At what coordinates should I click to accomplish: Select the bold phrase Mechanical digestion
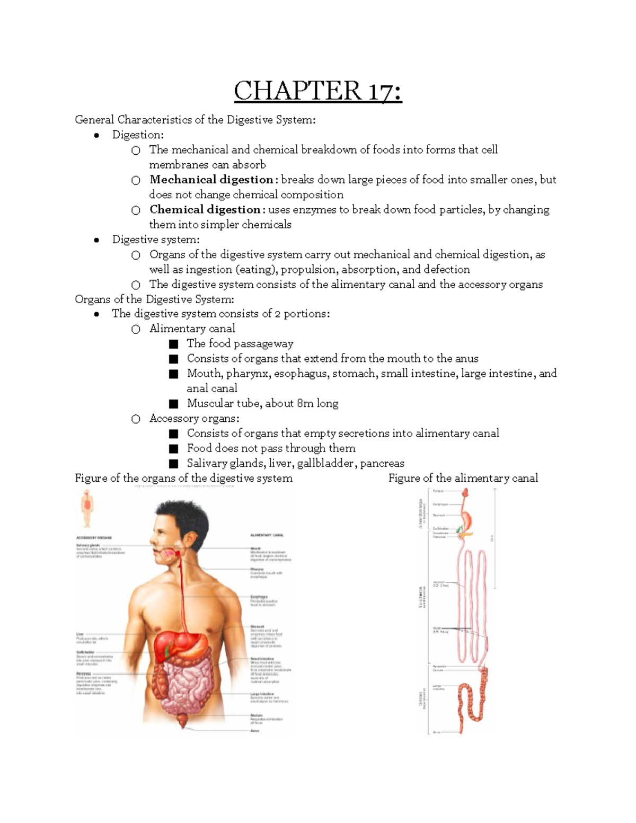[x=211, y=180]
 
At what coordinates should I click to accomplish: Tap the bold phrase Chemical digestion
[x=205, y=209]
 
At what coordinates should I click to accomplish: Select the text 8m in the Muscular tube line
[x=305, y=403]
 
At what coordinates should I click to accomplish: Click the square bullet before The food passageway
[x=173, y=344]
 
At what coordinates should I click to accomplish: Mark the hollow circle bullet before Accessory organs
[x=136, y=419]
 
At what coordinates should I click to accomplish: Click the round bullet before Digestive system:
[x=96, y=240]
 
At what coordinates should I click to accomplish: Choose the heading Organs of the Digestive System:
[x=154, y=299]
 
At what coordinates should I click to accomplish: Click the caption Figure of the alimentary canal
[x=463, y=478]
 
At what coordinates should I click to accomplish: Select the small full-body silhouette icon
[x=87, y=507]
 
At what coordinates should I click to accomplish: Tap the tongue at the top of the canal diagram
[x=464, y=492]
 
